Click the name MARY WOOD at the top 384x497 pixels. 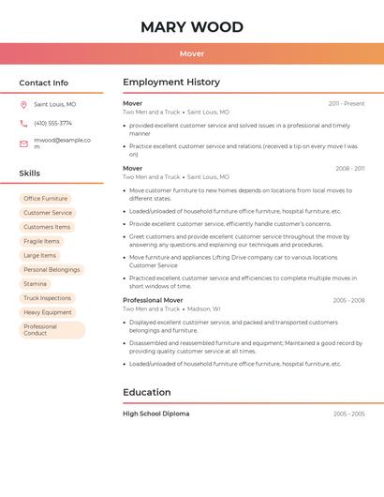tap(192, 27)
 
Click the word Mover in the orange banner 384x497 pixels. tap(192, 53)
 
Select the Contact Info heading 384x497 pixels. tap(44, 83)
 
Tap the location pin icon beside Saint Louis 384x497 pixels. tap(23, 104)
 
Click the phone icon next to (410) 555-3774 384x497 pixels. tap(23, 123)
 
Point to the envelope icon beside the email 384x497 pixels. tap(23, 143)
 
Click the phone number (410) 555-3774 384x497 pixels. tap(52, 123)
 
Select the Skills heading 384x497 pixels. tap(30, 173)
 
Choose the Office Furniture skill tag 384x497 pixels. tap(46, 199)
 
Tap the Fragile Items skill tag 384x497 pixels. tap(41, 241)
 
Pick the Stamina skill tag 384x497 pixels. tap(36, 283)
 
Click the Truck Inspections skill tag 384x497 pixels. tap(48, 298)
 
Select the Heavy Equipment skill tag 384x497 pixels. tap(48, 312)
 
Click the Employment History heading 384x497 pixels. tap(171, 83)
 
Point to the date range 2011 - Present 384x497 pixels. tap(347, 103)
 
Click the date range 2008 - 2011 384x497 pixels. tap(349, 169)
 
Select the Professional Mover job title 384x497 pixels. tap(153, 300)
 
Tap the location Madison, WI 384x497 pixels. tap(203, 309)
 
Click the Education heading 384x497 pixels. tap(147, 392)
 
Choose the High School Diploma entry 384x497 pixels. tap(155, 414)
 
